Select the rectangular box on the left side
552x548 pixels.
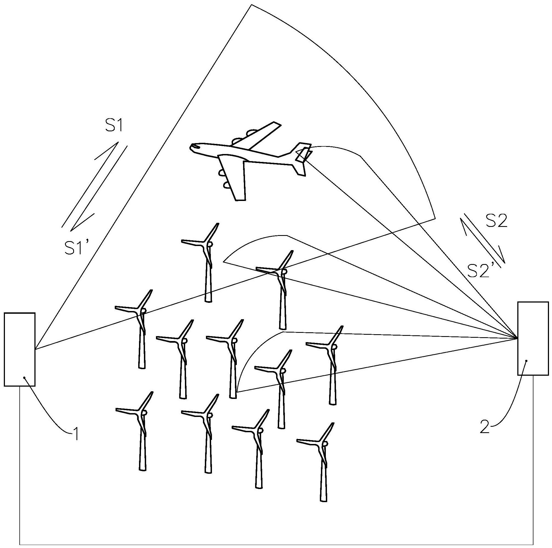tap(20, 350)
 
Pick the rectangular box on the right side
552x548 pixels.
tap(533, 339)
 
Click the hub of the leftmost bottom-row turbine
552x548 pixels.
tap(144, 413)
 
